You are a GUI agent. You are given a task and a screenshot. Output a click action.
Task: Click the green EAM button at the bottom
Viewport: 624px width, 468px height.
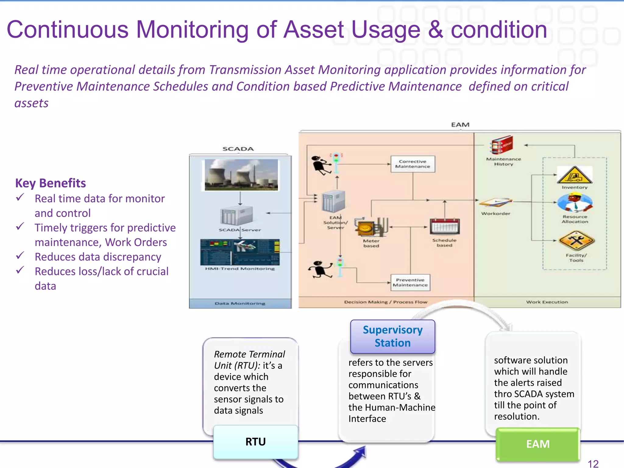538,444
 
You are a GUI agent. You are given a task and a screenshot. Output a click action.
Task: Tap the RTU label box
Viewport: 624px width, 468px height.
255,442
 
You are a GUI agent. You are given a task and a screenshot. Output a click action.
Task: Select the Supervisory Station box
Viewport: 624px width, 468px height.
392,336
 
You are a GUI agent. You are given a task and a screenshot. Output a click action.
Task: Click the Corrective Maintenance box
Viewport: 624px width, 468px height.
413,164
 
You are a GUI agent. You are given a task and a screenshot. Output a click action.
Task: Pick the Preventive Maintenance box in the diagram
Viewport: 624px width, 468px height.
410,282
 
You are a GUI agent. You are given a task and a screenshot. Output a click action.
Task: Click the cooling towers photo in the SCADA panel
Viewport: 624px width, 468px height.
241,175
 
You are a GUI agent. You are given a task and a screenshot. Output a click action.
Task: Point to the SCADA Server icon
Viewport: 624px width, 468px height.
236,216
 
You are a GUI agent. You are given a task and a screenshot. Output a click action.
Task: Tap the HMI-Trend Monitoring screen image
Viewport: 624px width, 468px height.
240,252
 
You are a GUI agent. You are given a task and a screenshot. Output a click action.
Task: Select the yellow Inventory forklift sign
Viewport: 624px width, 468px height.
574,175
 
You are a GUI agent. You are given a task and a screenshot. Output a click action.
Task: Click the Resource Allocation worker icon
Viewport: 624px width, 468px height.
575,204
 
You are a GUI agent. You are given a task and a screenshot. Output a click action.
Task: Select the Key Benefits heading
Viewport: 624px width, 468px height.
51,183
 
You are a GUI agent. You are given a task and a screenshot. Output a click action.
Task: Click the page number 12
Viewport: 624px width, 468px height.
593,463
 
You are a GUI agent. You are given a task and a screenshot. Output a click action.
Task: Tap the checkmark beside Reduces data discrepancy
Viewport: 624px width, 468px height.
20,255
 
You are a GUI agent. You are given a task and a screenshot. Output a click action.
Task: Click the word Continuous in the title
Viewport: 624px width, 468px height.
68,30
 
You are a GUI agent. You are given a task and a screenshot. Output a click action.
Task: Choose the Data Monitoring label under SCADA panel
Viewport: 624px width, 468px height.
240,303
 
